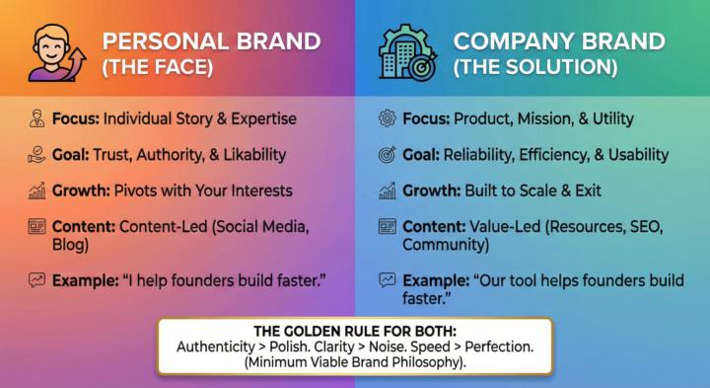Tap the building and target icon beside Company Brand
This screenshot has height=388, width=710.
pyautogui.click(x=407, y=53)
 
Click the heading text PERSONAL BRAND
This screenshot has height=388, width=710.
pyautogui.click(x=212, y=41)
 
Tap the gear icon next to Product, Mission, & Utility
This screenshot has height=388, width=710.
pyautogui.click(x=388, y=118)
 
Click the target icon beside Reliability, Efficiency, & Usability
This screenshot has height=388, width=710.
pyautogui.click(x=388, y=155)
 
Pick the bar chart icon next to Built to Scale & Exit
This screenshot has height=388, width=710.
pyautogui.click(x=388, y=191)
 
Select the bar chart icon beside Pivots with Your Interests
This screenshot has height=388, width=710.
pyautogui.click(x=37, y=191)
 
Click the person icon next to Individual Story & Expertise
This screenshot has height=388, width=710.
pyautogui.click(x=37, y=118)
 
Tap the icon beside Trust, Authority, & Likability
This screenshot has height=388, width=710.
pyautogui.click(x=37, y=155)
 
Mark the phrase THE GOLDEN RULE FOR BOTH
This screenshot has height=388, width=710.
pyautogui.click(x=354, y=330)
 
